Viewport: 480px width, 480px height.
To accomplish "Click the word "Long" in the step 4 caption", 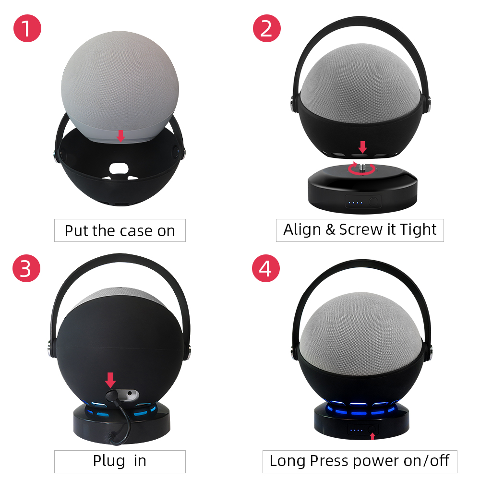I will tap(287, 461).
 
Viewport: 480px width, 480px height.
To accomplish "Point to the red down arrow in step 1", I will tap(120, 136).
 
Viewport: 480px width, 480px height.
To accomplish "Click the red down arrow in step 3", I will tap(110, 381).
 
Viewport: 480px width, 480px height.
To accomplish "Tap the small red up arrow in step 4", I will tap(372, 436).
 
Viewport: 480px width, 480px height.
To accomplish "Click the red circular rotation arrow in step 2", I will tap(361, 169).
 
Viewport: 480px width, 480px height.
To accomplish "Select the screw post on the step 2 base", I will tap(363, 166).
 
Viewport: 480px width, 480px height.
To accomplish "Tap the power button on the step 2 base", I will tap(374, 202).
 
